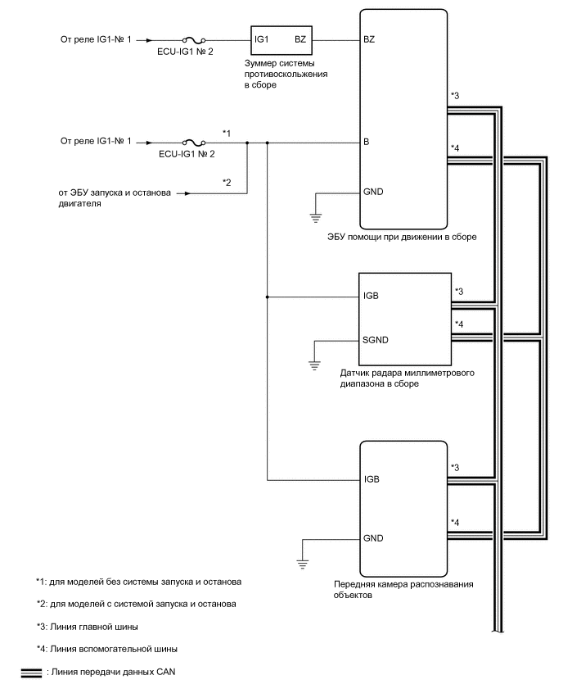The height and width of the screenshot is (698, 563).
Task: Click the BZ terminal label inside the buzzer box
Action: click(300, 39)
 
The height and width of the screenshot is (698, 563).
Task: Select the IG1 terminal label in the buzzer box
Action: click(262, 39)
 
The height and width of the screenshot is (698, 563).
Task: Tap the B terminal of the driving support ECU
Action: click(367, 142)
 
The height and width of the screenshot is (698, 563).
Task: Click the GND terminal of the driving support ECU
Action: click(372, 193)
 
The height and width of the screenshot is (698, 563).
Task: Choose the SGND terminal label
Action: click(376, 339)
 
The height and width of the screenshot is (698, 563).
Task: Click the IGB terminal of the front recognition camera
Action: click(372, 479)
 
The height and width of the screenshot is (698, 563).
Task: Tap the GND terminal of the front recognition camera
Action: click(373, 538)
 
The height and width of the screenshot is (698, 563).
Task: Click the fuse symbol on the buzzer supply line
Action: click(192, 39)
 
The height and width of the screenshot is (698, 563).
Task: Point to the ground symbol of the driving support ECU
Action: click(315, 217)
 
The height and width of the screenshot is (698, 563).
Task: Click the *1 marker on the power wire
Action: click(227, 132)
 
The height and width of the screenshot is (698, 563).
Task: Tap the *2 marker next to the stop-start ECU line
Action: click(227, 182)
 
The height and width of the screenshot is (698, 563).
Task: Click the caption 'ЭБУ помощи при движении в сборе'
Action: click(401, 237)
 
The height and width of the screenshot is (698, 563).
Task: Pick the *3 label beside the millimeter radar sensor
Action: click(459, 291)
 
